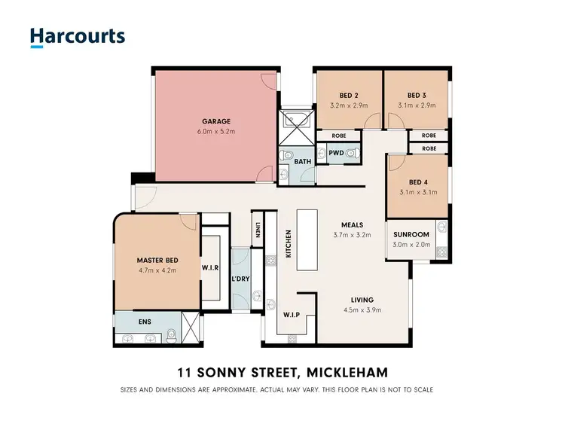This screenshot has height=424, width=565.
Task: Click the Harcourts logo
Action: (x=77, y=37)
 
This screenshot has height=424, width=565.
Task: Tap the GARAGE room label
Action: (x=215, y=121)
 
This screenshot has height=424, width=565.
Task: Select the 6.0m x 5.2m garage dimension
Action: (x=215, y=132)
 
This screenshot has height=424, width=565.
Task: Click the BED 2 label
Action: (x=348, y=96)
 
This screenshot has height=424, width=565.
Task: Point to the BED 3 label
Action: (x=417, y=96)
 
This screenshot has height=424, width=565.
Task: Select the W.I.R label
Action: (x=210, y=267)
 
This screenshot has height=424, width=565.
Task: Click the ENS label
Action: (x=145, y=322)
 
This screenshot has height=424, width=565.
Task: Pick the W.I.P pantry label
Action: (x=292, y=315)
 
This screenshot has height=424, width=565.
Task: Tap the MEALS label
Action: (x=352, y=224)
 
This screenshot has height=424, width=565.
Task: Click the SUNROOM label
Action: (x=411, y=234)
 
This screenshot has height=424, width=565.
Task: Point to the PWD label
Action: (x=336, y=153)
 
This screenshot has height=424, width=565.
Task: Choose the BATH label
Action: (x=303, y=161)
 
